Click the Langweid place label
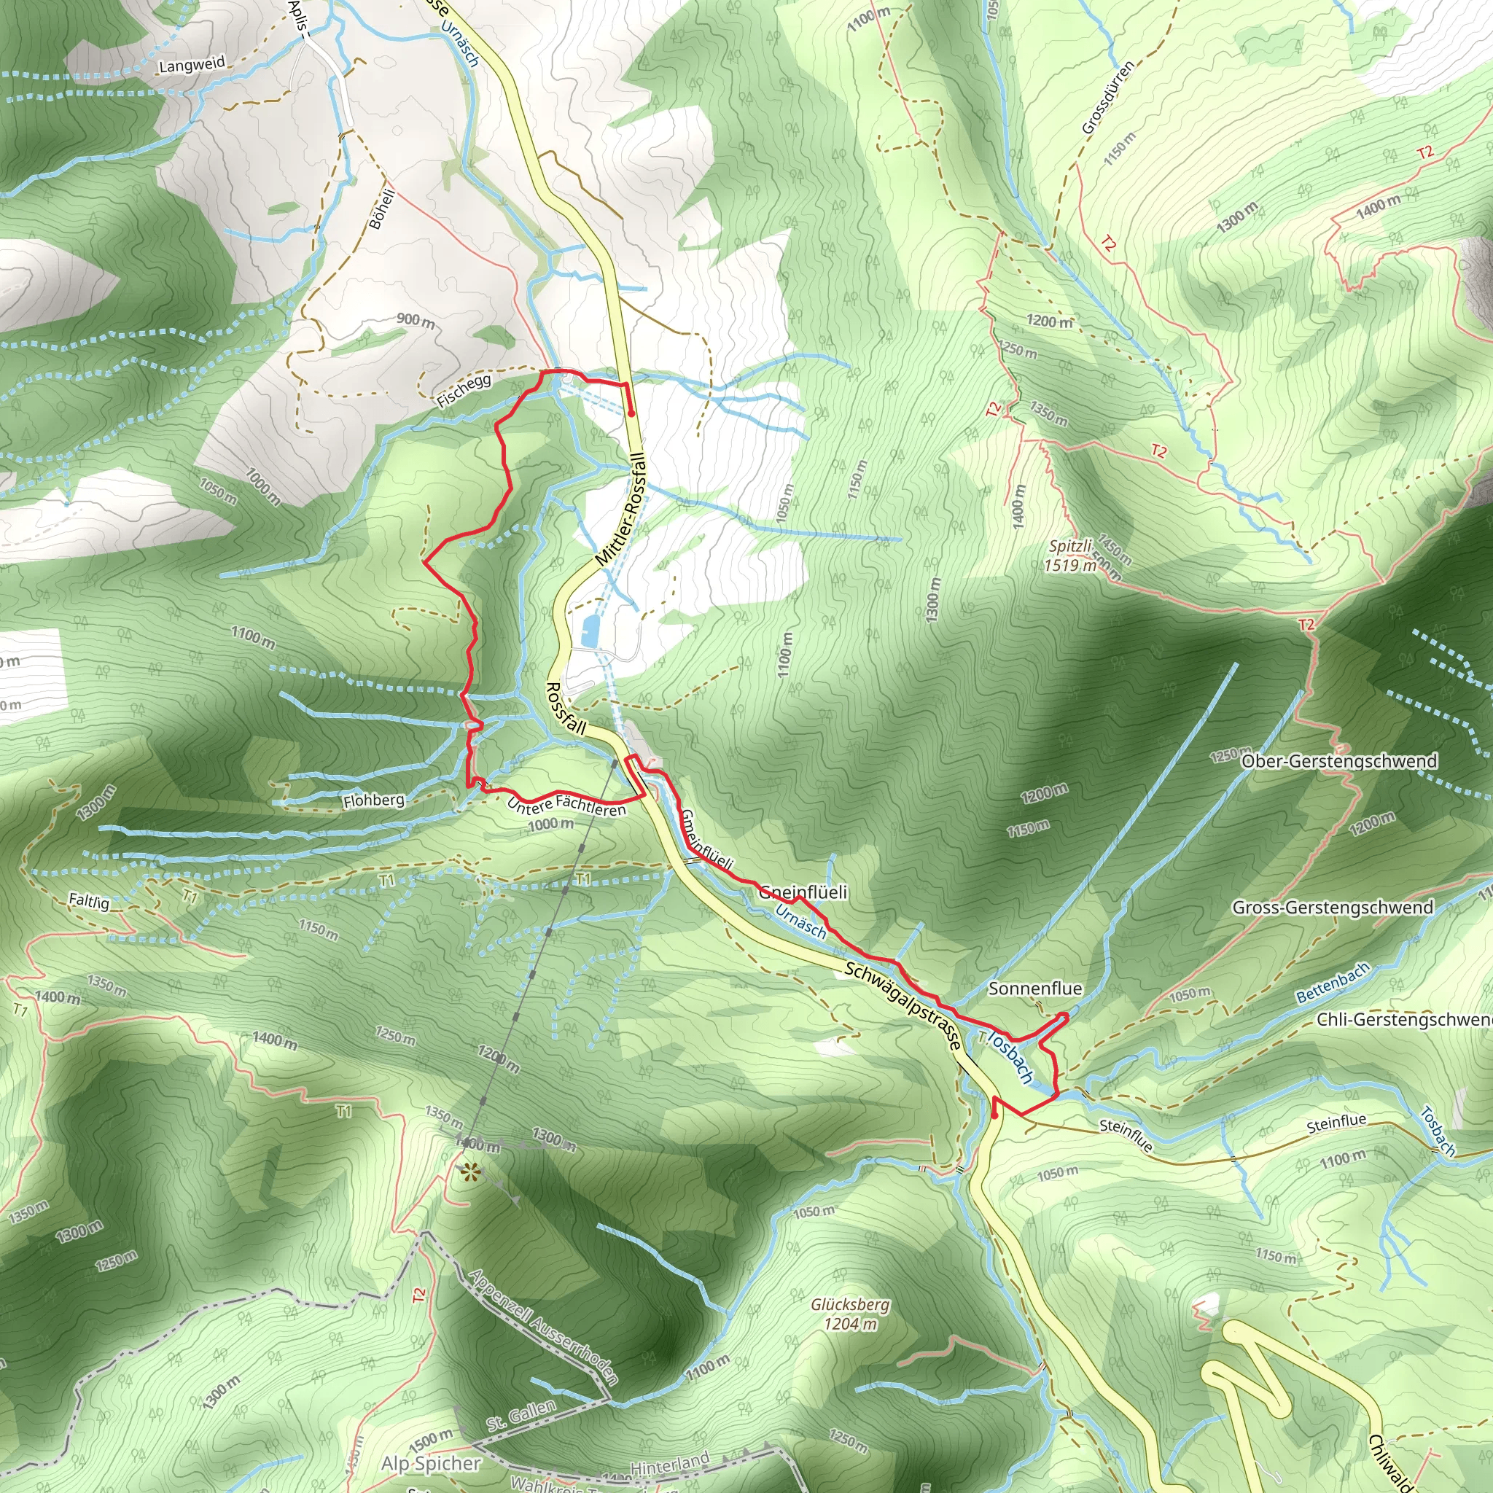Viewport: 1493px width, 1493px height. [192, 65]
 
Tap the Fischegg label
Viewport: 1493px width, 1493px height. [464, 391]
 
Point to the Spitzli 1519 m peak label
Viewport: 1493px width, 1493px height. [1071, 556]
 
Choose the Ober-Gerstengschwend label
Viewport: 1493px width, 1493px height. [1339, 761]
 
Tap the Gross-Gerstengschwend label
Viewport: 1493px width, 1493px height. [1333, 907]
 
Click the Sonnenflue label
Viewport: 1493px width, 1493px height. [1034, 989]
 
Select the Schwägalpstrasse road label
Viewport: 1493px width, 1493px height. [904, 1005]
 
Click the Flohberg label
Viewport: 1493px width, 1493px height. [374, 800]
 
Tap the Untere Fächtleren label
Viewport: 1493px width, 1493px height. [566, 806]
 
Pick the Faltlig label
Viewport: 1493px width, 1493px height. [89, 900]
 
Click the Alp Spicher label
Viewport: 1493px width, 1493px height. [432, 1463]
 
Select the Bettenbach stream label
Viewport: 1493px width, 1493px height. [1333, 983]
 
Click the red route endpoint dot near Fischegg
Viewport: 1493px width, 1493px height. [631, 413]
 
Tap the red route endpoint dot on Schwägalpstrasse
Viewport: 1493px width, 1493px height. [994, 1115]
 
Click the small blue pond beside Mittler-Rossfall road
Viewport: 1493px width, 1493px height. [590, 631]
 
